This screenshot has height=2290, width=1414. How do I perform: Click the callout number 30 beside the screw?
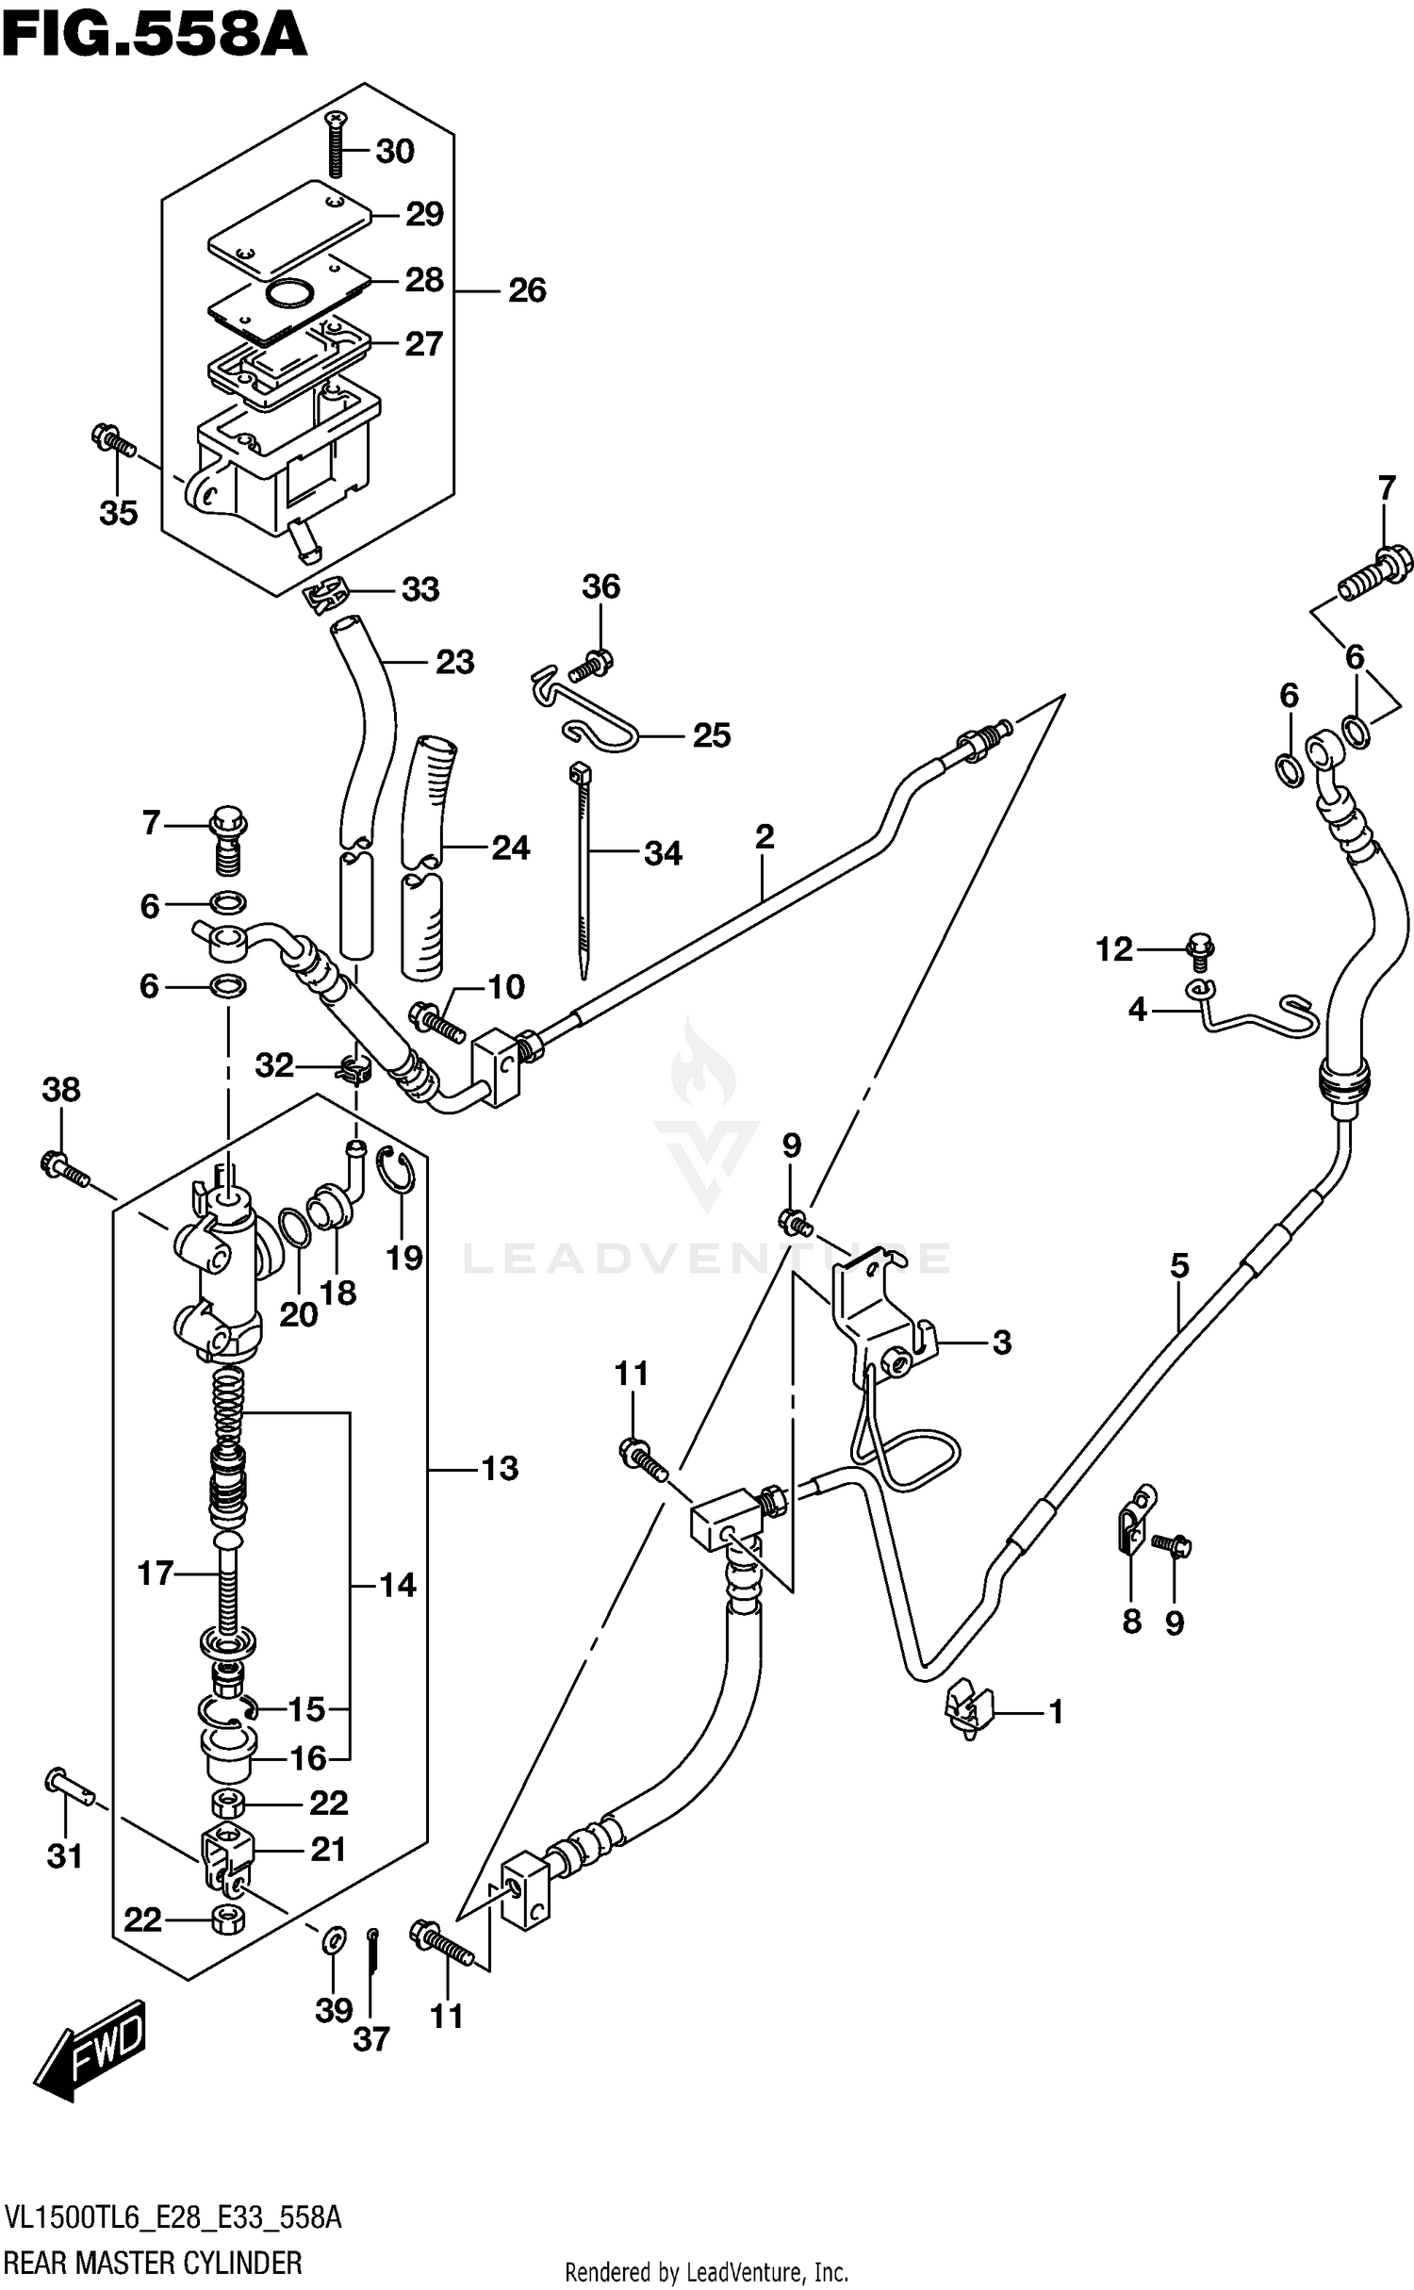395,152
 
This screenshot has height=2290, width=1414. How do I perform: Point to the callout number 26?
527,290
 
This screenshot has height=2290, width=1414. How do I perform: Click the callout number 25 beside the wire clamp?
711,735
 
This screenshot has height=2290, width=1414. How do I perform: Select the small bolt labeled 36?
593,664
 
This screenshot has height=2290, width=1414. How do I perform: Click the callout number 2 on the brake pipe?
764,835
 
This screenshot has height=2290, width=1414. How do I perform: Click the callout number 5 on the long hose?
1179,1265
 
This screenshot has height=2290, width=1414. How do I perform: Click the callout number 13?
500,1468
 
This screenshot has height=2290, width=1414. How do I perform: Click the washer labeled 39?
333,1940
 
